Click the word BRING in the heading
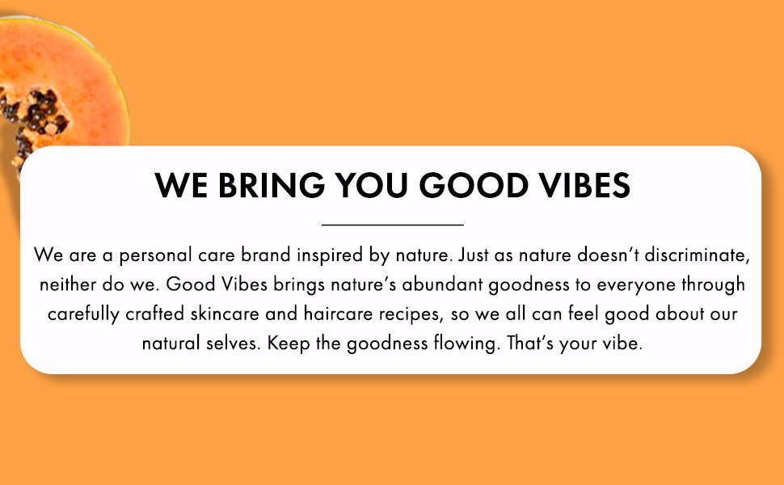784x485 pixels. click(x=272, y=185)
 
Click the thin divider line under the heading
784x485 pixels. click(x=393, y=225)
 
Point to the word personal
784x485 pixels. click(x=155, y=255)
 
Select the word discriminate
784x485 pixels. click(x=697, y=255)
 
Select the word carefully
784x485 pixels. click(x=83, y=314)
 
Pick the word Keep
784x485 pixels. click(x=289, y=344)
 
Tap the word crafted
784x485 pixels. click(x=155, y=314)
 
